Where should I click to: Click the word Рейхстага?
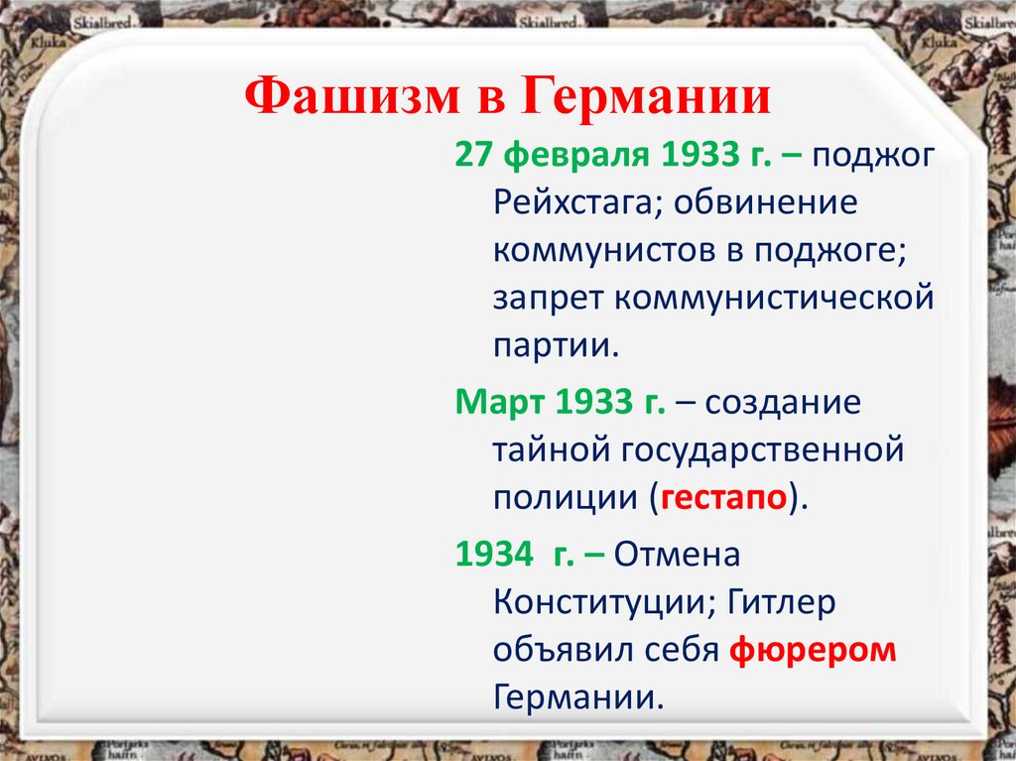coord(567,203)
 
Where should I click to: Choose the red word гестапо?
coord(725,497)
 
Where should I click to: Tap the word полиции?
coord(566,497)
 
